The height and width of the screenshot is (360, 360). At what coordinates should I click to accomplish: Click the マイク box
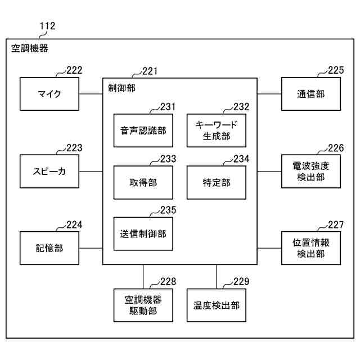pyautogui.click(x=49, y=94)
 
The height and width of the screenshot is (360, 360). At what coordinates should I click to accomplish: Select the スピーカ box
pyautogui.click(x=49, y=171)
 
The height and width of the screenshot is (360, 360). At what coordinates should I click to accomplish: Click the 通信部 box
pyautogui.click(x=310, y=94)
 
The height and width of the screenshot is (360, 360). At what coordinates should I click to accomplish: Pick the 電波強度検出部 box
pyautogui.click(x=310, y=171)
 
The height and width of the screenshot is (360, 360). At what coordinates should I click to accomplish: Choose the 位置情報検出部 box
pyautogui.click(x=310, y=248)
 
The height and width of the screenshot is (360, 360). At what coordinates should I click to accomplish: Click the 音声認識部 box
pyautogui.click(x=143, y=130)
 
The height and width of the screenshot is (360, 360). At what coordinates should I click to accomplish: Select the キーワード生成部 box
pyautogui.click(x=216, y=130)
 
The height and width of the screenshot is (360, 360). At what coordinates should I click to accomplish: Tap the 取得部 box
pyautogui.click(x=143, y=182)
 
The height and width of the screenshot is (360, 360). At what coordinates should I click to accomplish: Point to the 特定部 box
pyautogui.click(x=216, y=182)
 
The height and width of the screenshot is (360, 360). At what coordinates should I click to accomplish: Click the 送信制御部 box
pyautogui.click(x=143, y=233)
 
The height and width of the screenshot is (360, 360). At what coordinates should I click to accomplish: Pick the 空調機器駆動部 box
pyautogui.click(x=143, y=305)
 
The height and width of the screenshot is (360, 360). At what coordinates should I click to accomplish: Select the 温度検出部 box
pyautogui.click(x=216, y=305)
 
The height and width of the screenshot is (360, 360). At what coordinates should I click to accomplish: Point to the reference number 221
pyautogui.click(x=150, y=71)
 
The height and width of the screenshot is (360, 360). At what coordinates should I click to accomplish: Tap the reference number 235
pyautogui.click(x=167, y=210)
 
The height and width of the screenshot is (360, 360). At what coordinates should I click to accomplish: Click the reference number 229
pyautogui.click(x=240, y=282)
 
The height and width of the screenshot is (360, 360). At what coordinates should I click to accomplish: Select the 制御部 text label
pyautogui.click(x=121, y=88)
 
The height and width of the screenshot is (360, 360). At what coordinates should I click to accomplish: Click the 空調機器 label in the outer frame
pyautogui.click(x=30, y=49)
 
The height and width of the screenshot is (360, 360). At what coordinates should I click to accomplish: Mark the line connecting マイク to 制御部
pyautogui.click(x=91, y=94)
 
